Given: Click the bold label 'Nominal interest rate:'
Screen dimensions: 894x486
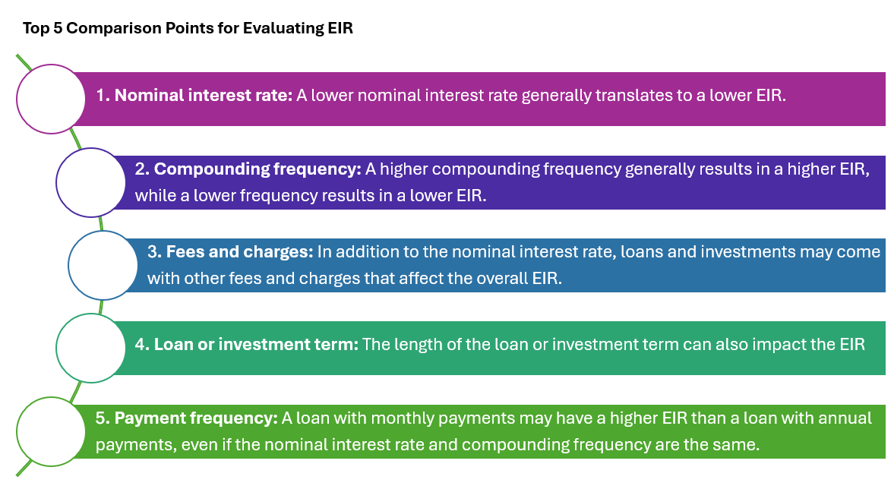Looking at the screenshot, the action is [x=204, y=95].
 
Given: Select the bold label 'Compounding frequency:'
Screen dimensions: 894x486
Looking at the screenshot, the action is [x=257, y=169].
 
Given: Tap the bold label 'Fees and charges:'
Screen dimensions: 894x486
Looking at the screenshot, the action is [x=239, y=252].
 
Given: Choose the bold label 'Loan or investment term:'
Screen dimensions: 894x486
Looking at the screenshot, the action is [x=256, y=344].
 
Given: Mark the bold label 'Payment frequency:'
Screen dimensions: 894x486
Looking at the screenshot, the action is [x=196, y=418].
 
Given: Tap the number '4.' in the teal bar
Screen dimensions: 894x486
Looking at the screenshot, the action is [x=143, y=344].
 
